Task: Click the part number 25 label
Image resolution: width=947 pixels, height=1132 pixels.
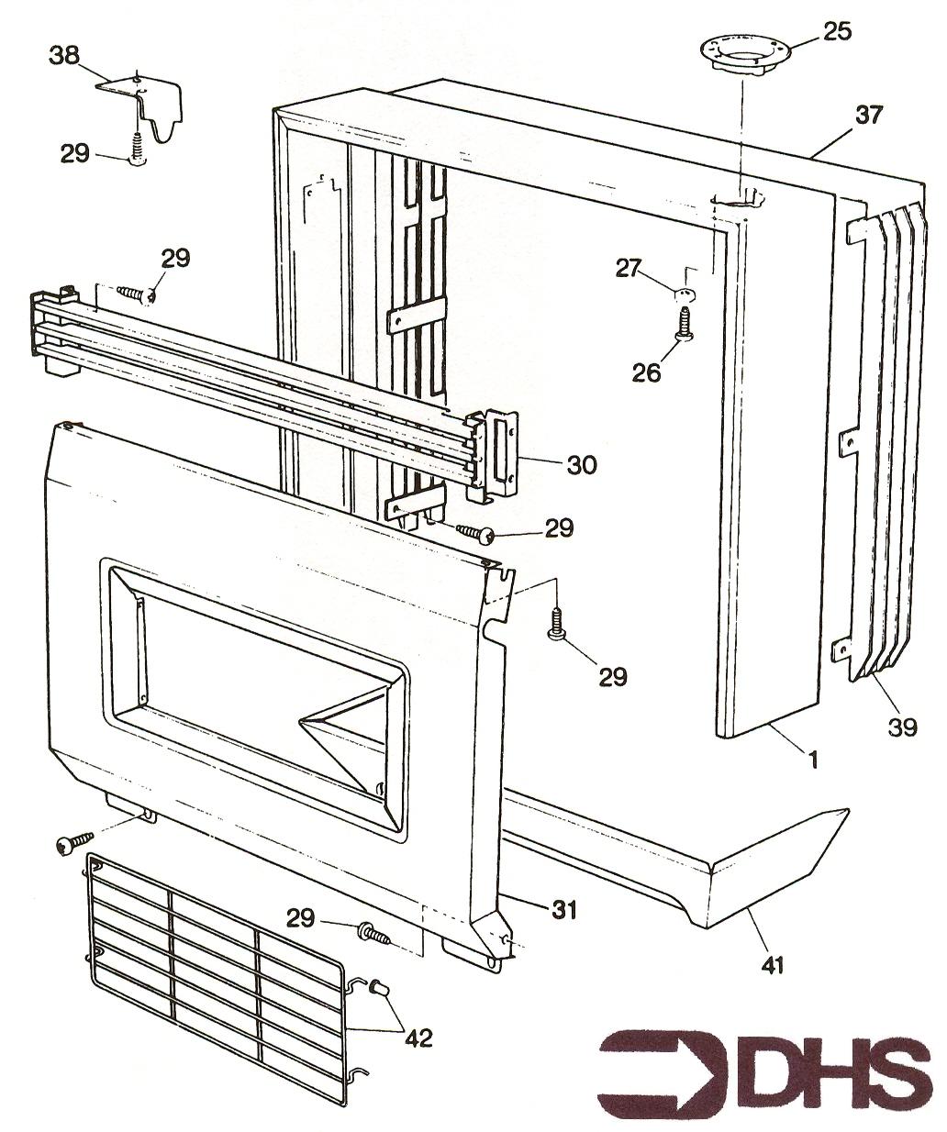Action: pyautogui.click(x=837, y=30)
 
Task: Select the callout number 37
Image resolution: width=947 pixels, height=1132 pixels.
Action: pyautogui.click(x=868, y=115)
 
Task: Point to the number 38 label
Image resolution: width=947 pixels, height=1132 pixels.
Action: pyautogui.click(x=64, y=57)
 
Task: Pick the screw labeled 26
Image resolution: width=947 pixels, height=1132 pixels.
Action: pyautogui.click(x=683, y=327)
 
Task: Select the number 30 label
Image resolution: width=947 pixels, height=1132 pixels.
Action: pyautogui.click(x=581, y=465)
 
